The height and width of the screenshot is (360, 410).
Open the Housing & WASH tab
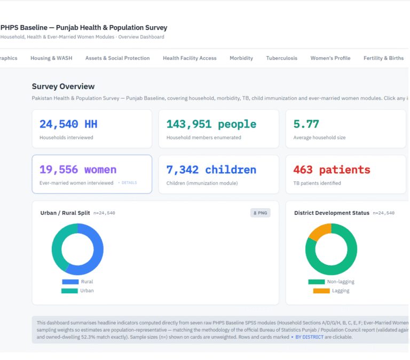click(x=51, y=58)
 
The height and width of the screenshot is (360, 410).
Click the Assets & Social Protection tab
click(x=117, y=58)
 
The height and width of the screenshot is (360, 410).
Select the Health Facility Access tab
click(x=190, y=58)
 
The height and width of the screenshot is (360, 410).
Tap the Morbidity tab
click(x=241, y=58)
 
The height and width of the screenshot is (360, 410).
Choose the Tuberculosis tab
click(x=282, y=58)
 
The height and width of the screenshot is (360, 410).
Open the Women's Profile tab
click(x=330, y=58)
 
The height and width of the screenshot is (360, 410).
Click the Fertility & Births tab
click(x=383, y=58)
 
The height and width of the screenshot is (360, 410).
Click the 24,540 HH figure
click(x=68, y=124)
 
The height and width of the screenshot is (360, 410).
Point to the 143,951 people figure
click(x=211, y=124)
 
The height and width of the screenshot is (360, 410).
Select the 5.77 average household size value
click(x=306, y=124)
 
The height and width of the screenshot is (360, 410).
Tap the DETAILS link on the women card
click(x=129, y=182)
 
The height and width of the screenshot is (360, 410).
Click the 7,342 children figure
click(x=211, y=170)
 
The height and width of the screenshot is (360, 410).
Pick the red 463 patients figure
click(x=332, y=170)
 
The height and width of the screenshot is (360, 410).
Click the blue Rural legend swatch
click(x=70, y=282)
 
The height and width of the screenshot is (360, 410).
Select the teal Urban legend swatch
click(x=69, y=291)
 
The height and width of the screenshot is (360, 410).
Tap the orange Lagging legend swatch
click(x=321, y=291)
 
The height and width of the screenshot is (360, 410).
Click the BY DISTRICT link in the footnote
click(x=309, y=337)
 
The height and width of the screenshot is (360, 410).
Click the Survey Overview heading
click(x=63, y=86)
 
